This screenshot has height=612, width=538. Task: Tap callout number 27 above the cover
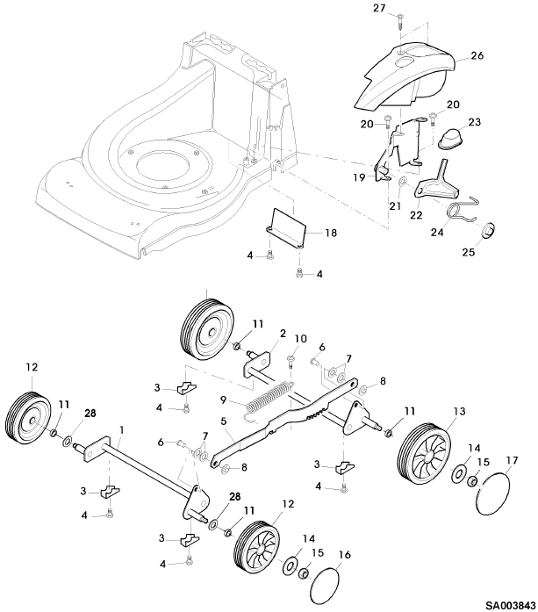click(379, 8)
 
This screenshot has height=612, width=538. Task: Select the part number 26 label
click(477, 55)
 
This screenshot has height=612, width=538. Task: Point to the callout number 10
click(300, 338)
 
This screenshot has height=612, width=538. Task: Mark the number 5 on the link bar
click(224, 422)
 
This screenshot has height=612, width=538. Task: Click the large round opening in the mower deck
click(161, 165)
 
